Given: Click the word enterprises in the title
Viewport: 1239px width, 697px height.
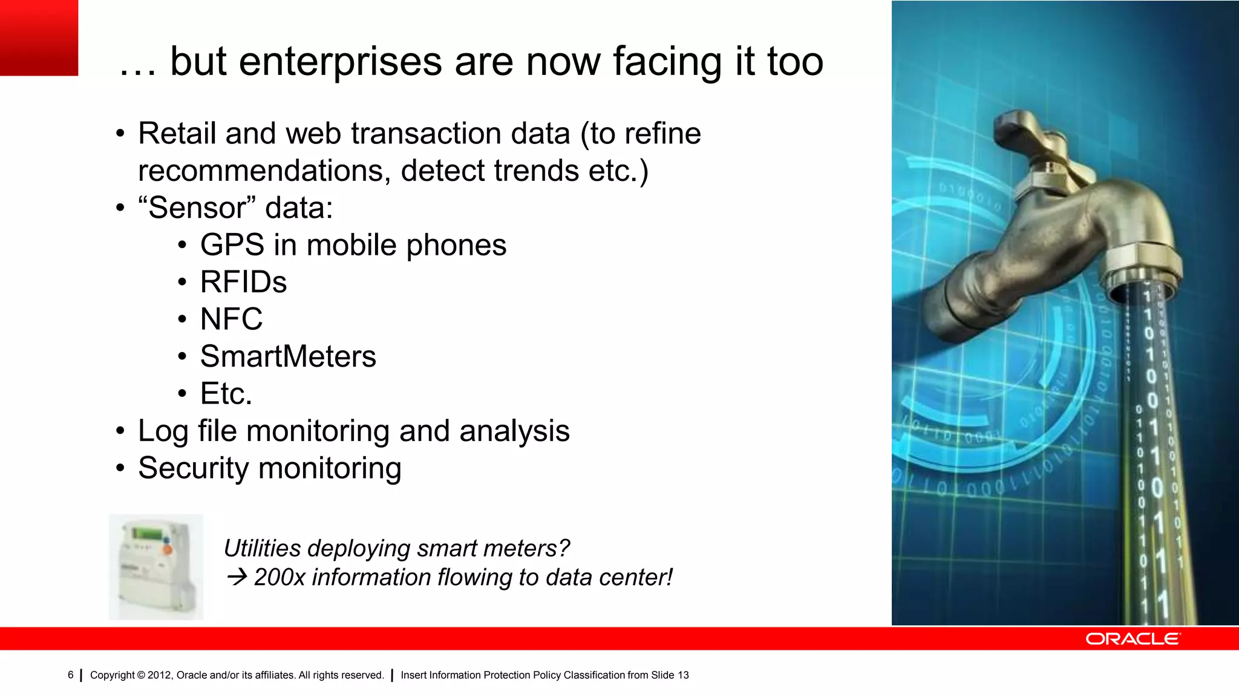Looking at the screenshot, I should point(341,62).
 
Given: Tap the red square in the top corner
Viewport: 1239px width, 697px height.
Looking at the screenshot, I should point(39,38).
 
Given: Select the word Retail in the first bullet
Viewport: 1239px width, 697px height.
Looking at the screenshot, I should point(177,134).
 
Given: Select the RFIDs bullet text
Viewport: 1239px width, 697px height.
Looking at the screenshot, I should point(243,283).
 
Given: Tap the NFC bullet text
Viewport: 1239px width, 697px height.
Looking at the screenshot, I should point(231,319).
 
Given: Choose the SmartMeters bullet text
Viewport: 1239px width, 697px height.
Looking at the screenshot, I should point(288,357).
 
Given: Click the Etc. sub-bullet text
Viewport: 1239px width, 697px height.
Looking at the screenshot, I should point(226,394).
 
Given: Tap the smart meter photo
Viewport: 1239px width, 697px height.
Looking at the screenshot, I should point(156,567).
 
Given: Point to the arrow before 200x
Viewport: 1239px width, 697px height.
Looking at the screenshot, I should point(237,577).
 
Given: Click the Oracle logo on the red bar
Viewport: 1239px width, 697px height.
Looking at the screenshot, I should point(1132,639).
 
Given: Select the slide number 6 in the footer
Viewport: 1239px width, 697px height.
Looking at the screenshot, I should point(71,675).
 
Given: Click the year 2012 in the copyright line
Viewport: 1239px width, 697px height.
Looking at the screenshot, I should point(159,675).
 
